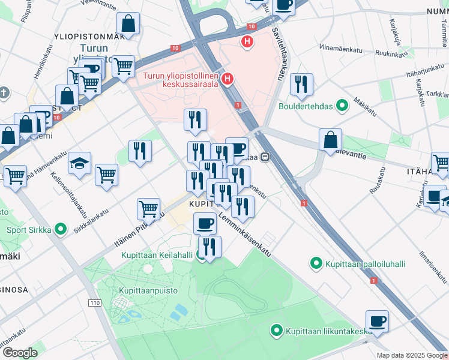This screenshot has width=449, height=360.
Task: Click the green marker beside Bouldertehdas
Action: coord(342,107)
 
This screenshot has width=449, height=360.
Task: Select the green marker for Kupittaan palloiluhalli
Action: coord(316,263)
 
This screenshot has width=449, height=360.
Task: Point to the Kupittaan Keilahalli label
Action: coord(157,255)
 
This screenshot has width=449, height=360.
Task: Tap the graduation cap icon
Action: coord(79,163)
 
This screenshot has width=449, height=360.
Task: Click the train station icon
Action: coord(264,157)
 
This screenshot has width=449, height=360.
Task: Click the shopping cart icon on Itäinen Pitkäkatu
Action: coord(148,209)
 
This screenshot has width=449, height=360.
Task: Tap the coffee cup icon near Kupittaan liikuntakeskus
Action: coord(377,321)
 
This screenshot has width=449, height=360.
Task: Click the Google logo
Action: coord(19,353)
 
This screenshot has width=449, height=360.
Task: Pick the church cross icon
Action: coord(4,93)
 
